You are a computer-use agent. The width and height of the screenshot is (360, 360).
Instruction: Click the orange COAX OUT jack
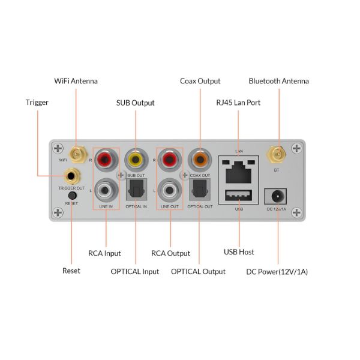pyautogui.click(x=199, y=160)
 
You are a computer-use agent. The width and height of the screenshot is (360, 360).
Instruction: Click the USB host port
pyautogui.click(x=239, y=196)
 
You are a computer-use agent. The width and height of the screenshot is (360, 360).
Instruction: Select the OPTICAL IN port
pyautogui.click(x=136, y=191)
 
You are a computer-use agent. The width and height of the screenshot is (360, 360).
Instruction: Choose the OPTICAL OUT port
pyautogui.click(x=199, y=191)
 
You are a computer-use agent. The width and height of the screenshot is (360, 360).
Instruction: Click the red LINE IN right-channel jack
pyautogui.click(x=106, y=160)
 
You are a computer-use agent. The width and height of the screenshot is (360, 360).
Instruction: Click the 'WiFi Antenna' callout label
pyautogui.click(x=76, y=80)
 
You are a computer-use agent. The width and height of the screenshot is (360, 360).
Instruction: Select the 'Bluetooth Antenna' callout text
pyautogui.click(x=278, y=80)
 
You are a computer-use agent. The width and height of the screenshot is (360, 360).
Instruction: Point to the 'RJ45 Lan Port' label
pyautogui.click(x=238, y=103)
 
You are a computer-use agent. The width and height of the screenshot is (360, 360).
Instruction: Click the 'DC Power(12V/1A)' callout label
pyautogui.click(x=277, y=272)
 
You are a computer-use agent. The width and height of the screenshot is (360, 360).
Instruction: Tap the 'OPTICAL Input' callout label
pyautogui.click(x=135, y=272)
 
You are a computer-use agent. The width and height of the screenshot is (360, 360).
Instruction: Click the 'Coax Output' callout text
pyautogui.click(x=200, y=80)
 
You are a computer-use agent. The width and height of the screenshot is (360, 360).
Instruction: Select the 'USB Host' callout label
pyautogui.click(x=239, y=252)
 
